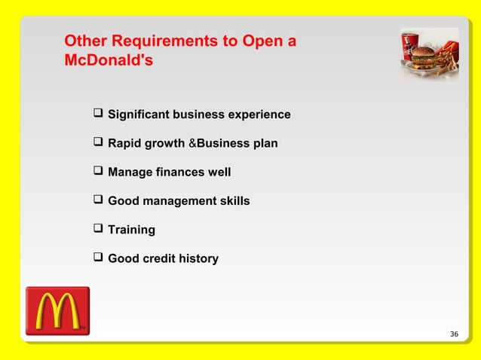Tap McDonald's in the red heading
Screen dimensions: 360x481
point(109,60)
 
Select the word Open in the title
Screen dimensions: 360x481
point(262,41)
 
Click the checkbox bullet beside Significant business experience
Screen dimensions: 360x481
point(97,114)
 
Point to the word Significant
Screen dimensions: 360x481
point(139,114)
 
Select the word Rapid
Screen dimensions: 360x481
point(125,143)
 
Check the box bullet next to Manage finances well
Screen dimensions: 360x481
point(97,171)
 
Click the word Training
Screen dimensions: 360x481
point(131,230)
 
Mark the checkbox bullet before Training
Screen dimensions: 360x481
point(97,228)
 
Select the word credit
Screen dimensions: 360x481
point(164,258)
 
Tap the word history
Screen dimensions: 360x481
point(200,258)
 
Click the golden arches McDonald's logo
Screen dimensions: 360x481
point(57,310)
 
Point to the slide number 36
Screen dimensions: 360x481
point(453,334)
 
